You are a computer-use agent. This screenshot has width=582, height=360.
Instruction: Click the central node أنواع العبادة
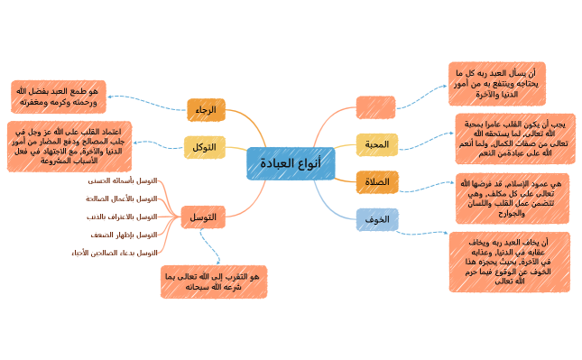[290, 163]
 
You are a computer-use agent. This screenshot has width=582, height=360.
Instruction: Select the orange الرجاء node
[206, 110]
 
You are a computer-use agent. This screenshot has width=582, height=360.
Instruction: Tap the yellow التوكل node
[204, 147]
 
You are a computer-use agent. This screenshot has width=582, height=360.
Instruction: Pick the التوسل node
[203, 217]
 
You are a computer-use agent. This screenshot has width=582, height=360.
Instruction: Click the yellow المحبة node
[376, 144]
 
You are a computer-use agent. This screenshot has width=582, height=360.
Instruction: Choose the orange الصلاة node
[376, 182]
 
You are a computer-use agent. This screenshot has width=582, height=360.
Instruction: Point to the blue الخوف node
[377, 219]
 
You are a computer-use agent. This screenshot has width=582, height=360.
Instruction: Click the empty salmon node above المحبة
[375, 106]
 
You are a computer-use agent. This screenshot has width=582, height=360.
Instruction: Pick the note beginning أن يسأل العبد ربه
[496, 84]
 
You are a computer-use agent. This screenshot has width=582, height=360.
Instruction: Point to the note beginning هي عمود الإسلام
[512, 198]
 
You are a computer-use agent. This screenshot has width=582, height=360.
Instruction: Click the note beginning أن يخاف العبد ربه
[509, 262]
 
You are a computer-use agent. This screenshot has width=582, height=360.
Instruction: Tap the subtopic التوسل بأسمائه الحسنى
[126, 180]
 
